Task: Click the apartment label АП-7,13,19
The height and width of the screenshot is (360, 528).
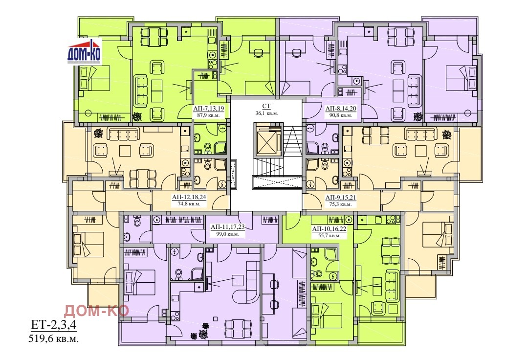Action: click(208, 109)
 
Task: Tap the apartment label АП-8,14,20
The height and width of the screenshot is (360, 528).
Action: click(340, 109)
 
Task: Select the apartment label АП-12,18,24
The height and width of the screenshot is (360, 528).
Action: click(189, 198)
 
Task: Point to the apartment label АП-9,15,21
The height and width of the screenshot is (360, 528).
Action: click(340, 198)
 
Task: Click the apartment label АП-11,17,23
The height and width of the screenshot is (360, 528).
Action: click(227, 227)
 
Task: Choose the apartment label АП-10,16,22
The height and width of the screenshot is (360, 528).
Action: click(329, 229)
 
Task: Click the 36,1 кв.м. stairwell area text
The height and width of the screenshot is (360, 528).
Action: click(266, 113)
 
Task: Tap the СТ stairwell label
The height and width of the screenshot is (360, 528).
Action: click(266, 107)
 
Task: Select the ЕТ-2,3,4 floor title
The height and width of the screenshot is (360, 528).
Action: click(54, 325)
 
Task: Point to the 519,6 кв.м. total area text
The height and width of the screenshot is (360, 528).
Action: click(54, 338)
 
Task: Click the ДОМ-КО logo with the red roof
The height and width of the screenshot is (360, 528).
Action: click(84, 52)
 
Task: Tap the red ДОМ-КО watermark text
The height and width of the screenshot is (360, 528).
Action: click(96, 311)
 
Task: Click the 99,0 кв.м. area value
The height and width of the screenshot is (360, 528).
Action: click(227, 234)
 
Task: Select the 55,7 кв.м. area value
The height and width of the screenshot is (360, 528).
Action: click(329, 236)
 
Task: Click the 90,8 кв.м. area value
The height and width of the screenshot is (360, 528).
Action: click(340, 115)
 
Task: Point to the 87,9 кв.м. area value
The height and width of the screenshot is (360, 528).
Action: click(208, 115)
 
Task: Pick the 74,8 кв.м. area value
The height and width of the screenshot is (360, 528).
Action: click(189, 204)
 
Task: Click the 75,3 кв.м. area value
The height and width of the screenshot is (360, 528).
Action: click(340, 204)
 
